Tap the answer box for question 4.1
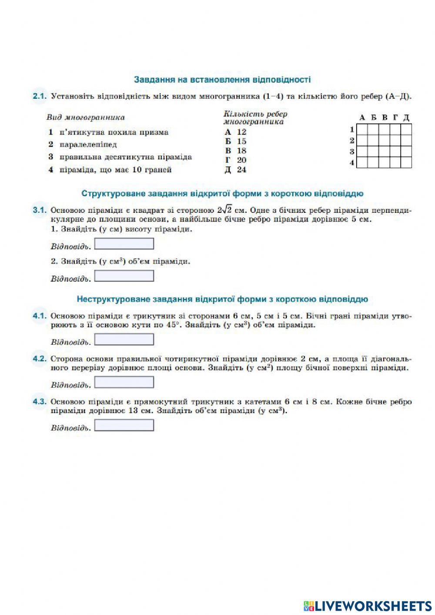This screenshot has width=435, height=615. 124,339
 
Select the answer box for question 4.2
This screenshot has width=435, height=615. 124,382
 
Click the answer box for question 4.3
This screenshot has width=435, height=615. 124,425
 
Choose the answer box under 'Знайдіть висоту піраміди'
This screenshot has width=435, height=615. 124,244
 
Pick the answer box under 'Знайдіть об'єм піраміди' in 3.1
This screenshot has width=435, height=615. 124,276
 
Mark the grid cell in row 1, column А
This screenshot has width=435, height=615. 362,130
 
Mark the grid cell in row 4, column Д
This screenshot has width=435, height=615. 406,163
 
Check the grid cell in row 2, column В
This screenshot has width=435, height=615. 384,141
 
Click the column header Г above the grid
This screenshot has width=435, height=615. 395,118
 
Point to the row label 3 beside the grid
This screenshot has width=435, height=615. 352,152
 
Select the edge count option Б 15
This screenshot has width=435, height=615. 235,141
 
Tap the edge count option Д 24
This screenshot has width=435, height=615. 235,170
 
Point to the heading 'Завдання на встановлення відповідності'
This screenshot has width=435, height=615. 222,80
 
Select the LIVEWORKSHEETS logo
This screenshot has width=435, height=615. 368,605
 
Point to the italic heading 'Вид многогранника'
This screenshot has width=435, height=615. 86,118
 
